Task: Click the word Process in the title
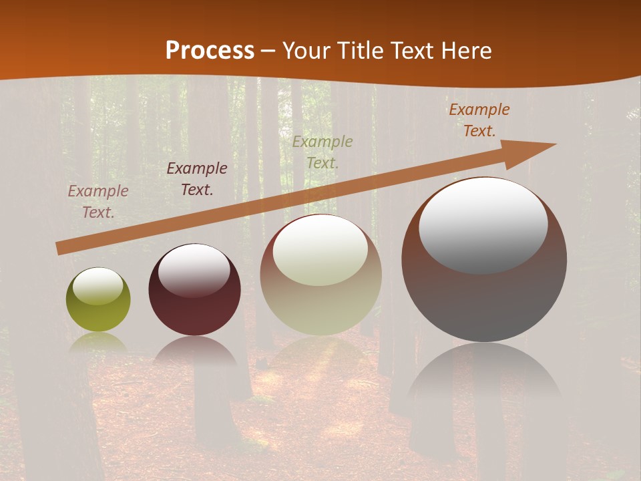pos(210,51)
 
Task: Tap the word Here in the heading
pos(465,51)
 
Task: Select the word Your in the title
pos(306,51)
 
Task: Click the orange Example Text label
pos(479,120)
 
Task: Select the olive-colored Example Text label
pos(322,152)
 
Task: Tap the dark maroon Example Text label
pos(197,178)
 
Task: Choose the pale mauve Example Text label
pos(98,201)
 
